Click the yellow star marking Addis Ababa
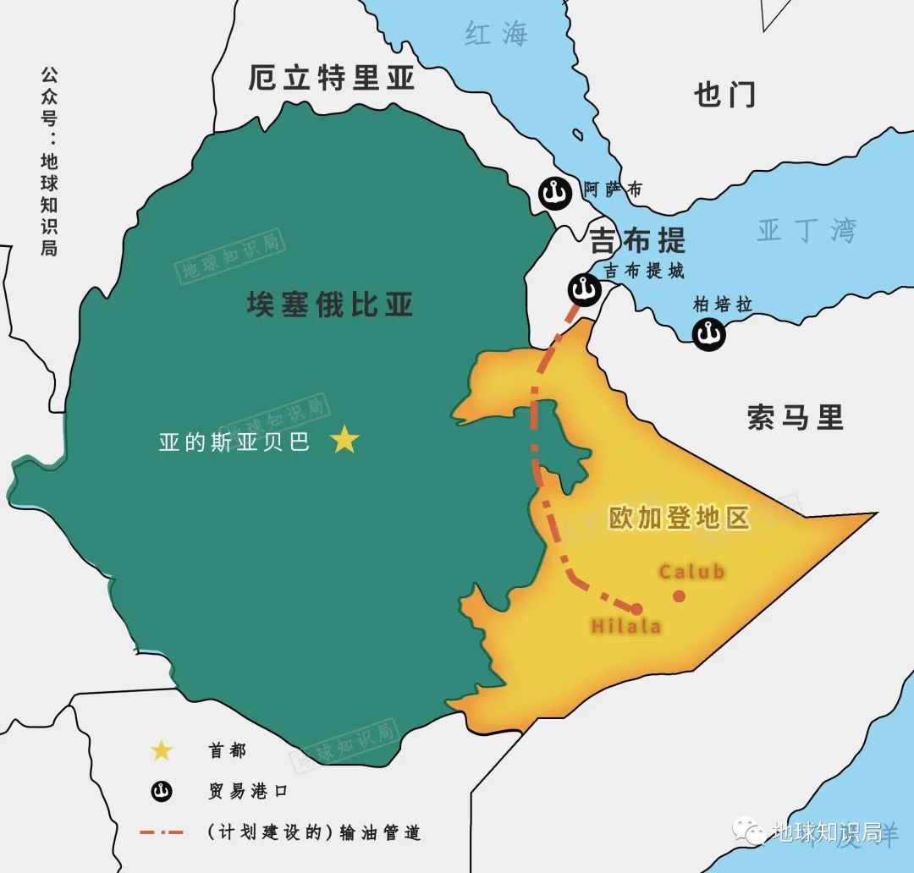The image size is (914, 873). point(344,440)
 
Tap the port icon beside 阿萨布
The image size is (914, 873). point(556,194)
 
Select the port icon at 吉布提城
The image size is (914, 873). point(584,290)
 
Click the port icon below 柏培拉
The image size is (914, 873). point(708,335)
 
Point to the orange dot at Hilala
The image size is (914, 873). point(636,608)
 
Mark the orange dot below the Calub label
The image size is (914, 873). point(679,596)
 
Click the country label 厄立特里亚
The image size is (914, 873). point(332,78)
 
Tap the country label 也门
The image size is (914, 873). point(724,94)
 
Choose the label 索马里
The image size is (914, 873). point(796,417)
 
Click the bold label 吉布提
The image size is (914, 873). point(637,240)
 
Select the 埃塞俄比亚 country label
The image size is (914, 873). point(330,304)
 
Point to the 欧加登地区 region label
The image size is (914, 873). point(680,518)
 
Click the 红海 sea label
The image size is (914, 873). point(496,34)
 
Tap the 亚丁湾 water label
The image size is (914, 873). point(806,230)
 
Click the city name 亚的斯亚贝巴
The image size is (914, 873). point(234,442)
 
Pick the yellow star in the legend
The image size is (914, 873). point(161,750)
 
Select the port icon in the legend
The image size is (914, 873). point(161,792)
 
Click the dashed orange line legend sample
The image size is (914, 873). point(161,832)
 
